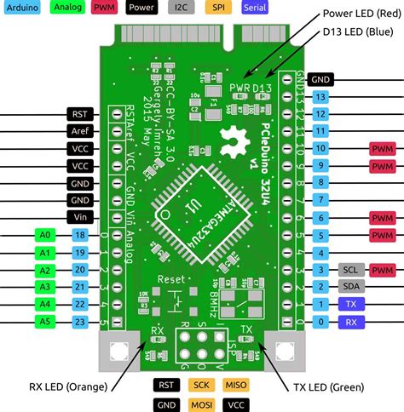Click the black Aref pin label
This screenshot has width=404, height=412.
pos(81,130)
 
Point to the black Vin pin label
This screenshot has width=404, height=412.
pos(81,217)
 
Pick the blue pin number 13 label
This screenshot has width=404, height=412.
pos(320,96)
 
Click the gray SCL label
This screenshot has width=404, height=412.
pos(350,270)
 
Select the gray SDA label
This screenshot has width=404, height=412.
pos(350,287)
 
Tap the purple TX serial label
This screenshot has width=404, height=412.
pos(350,305)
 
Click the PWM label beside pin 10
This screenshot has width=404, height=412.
pos(382,148)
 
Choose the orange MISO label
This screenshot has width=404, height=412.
pos(236,386)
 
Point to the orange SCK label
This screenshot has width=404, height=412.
pos(201,386)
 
